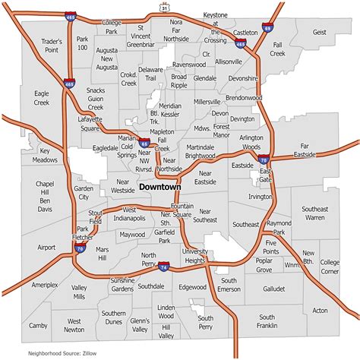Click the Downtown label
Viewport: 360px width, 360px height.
tap(160, 186)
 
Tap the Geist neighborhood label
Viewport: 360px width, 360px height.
tap(319, 33)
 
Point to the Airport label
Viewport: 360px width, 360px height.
tap(46, 248)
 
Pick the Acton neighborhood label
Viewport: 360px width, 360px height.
tap(321, 310)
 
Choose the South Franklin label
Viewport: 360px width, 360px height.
tap(267, 321)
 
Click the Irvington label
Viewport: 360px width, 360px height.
tap(260, 196)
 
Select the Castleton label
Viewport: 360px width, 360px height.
tap(246, 33)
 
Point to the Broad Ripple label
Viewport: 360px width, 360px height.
tap(178, 81)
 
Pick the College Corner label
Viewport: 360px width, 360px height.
tap(330, 267)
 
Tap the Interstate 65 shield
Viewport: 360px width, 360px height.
tap(144, 142)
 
